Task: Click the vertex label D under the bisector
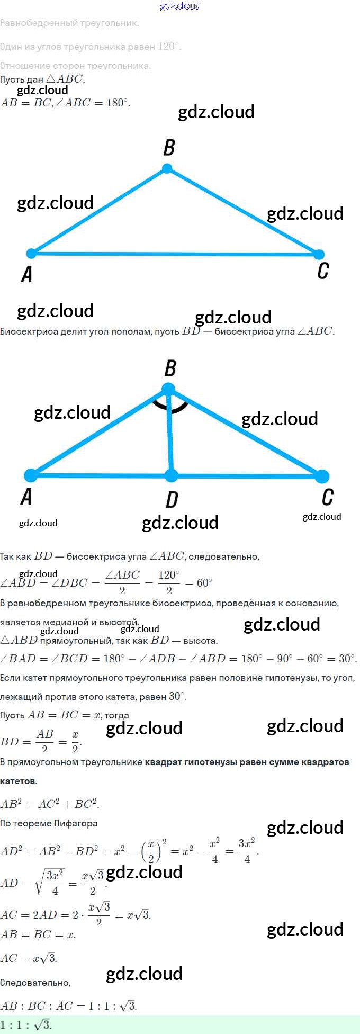[172, 499]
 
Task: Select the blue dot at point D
[171, 475]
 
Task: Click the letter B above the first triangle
[169, 148]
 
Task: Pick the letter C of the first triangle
[323, 270]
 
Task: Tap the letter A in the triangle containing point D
[26, 497]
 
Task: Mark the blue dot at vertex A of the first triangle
[32, 253]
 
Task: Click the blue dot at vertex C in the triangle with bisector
[322, 476]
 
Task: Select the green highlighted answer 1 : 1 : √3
[26, 1025]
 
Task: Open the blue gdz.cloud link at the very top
[180, 6]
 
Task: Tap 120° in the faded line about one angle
[169, 46]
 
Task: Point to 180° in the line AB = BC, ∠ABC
[118, 103]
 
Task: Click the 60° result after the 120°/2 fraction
[204, 583]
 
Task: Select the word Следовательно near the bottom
[35, 983]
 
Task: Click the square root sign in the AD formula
[39, 883]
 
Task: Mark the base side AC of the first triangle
[175, 254]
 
